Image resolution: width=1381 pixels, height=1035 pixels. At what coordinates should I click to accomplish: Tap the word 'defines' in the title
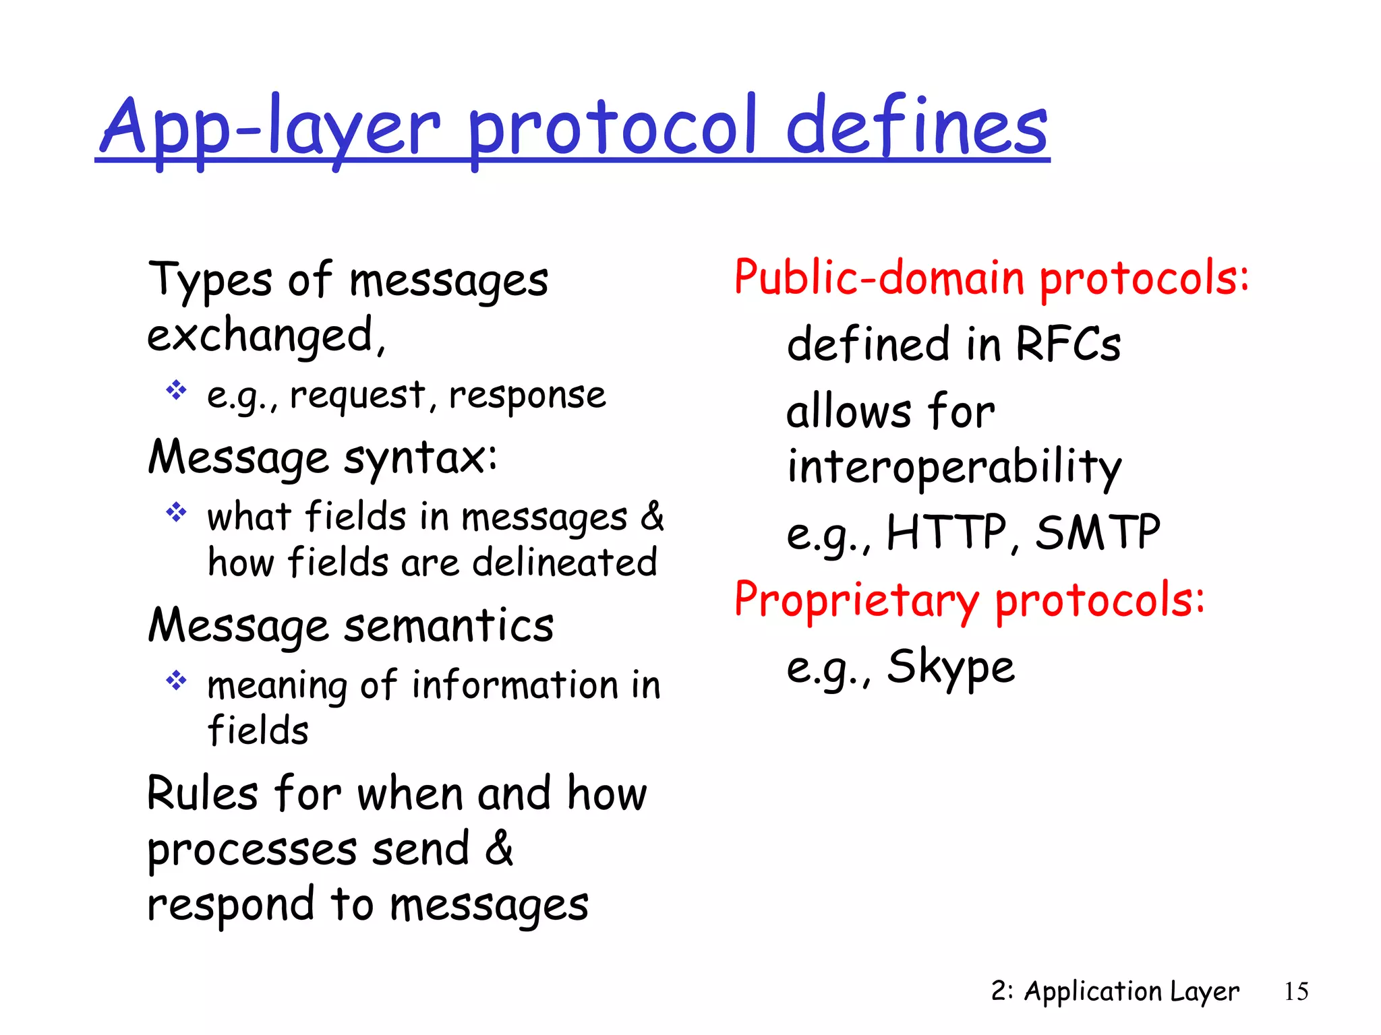pyautogui.click(x=917, y=126)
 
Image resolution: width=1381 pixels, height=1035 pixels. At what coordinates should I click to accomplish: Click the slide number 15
pyautogui.click(x=1296, y=991)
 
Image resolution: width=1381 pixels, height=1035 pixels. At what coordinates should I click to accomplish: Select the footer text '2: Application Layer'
pyautogui.click(x=1115, y=991)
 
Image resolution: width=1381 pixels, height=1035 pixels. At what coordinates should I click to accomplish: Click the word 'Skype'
pyautogui.click(x=950, y=667)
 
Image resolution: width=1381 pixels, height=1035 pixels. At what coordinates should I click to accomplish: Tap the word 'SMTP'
pyautogui.click(x=1097, y=532)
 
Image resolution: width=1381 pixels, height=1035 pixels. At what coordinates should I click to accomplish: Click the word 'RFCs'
pyautogui.click(x=1067, y=344)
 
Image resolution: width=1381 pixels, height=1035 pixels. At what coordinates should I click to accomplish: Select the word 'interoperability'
pyautogui.click(x=953, y=467)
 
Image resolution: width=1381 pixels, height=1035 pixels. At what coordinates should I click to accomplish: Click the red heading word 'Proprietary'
pyautogui.click(x=856, y=599)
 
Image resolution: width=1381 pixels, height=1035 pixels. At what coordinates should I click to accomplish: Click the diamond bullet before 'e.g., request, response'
pyautogui.click(x=176, y=390)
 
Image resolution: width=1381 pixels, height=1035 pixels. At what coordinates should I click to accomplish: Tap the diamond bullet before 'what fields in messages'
pyautogui.click(x=176, y=513)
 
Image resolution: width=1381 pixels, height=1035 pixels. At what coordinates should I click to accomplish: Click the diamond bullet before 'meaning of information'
pyautogui.click(x=176, y=681)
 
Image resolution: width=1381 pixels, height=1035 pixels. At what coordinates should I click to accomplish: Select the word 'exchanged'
pyautogui.click(x=260, y=336)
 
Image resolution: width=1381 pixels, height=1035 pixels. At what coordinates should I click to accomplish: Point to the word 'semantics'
pyautogui.click(x=449, y=625)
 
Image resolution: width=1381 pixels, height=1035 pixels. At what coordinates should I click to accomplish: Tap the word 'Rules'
pyautogui.click(x=203, y=793)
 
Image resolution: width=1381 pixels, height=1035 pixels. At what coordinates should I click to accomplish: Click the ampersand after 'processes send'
pyautogui.click(x=500, y=848)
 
